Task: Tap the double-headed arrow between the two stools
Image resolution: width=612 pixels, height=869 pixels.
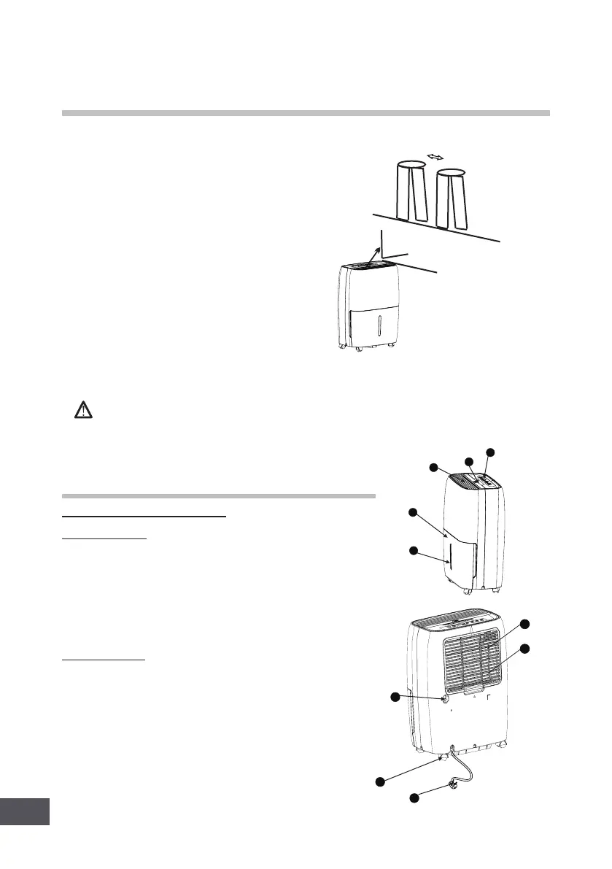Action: pos(435,157)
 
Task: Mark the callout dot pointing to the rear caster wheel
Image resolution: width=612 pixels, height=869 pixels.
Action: pos(379,782)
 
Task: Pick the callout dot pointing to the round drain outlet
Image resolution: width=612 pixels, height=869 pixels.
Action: pos(396,698)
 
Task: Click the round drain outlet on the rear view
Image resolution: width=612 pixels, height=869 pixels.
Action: pos(443,698)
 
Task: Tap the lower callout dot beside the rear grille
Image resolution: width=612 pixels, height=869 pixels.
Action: pos(524,649)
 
